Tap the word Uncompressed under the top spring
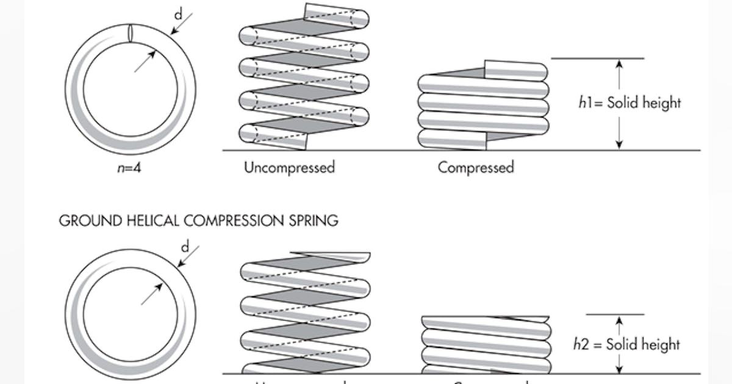[x=289, y=167]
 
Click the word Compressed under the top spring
[x=475, y=167]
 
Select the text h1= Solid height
[x=629, y=102]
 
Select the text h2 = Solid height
[x=626, y=344]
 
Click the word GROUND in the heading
[x=84, y=221]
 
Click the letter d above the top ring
[x=178, y=13]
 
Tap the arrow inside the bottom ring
[x=152, y=293]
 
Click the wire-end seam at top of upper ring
[x=130, y=33]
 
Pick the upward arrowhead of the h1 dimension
[x=619, y=64]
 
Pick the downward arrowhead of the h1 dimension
[x=619, y=144]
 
